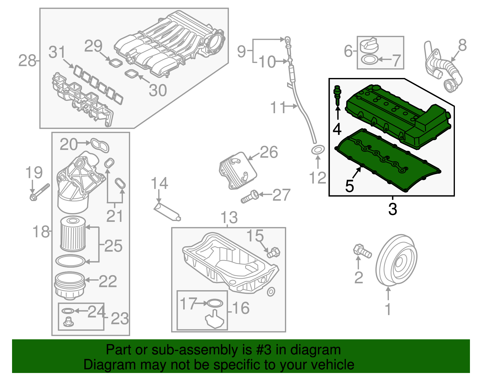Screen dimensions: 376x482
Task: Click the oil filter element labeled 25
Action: click(x=73, y=234)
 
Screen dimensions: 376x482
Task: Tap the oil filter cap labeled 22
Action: click(x=69, y=284)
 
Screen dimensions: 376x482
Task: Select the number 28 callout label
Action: click(x=27, y=61)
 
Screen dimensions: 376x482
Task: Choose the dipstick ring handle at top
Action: click(x=288, y=39)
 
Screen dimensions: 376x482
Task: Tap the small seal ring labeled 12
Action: click(x=318, y=150)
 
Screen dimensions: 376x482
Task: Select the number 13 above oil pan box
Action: click(x=229, y=218)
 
